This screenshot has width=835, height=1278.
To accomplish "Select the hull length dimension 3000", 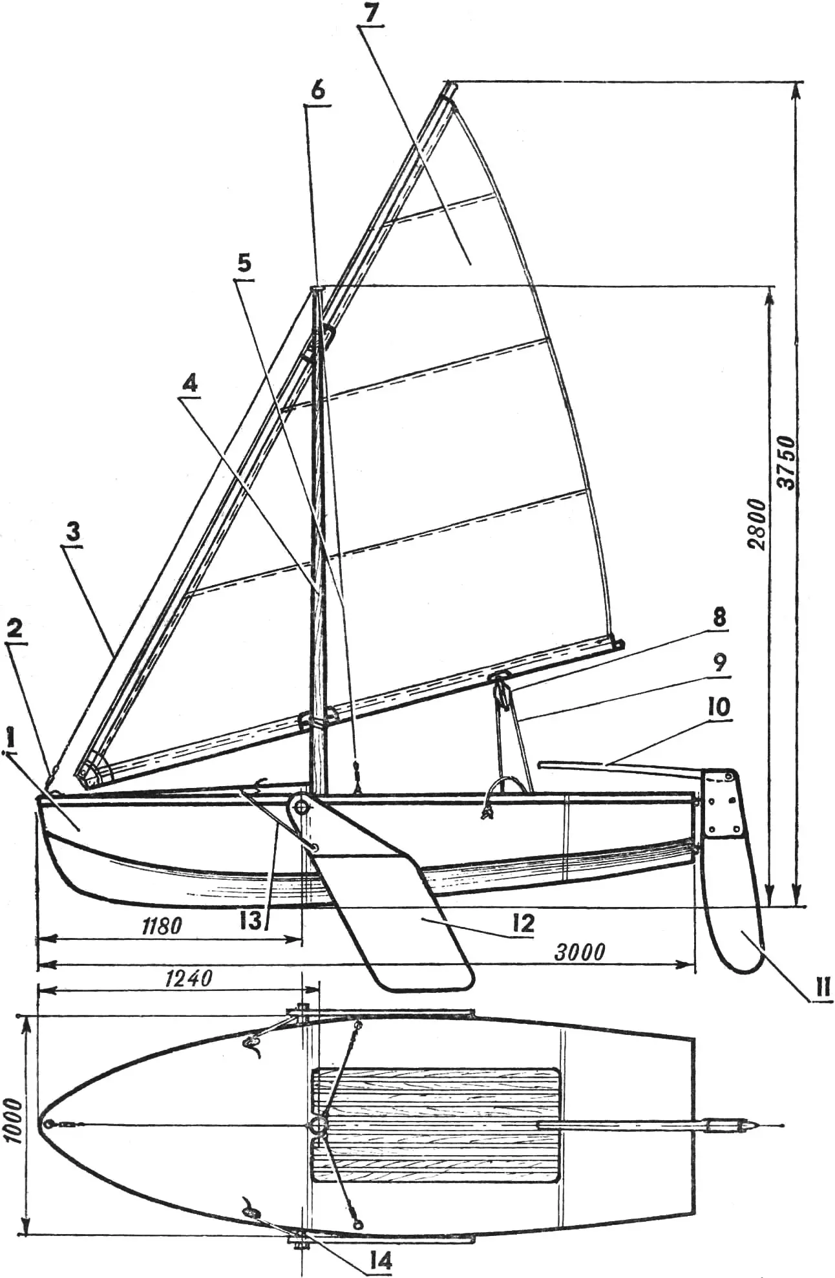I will pyautogui.click(x=580, y=952).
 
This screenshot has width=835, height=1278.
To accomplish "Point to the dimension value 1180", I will pyautogui.click(x=160, y=926).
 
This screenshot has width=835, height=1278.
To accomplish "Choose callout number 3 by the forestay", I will pyautogui.click(x=73, y=534).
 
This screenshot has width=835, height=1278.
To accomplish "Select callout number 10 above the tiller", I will pyautogui.click(x=719, y=707).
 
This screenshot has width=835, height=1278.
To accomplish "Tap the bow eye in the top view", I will pyautogui.click(x=47, y=1124).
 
